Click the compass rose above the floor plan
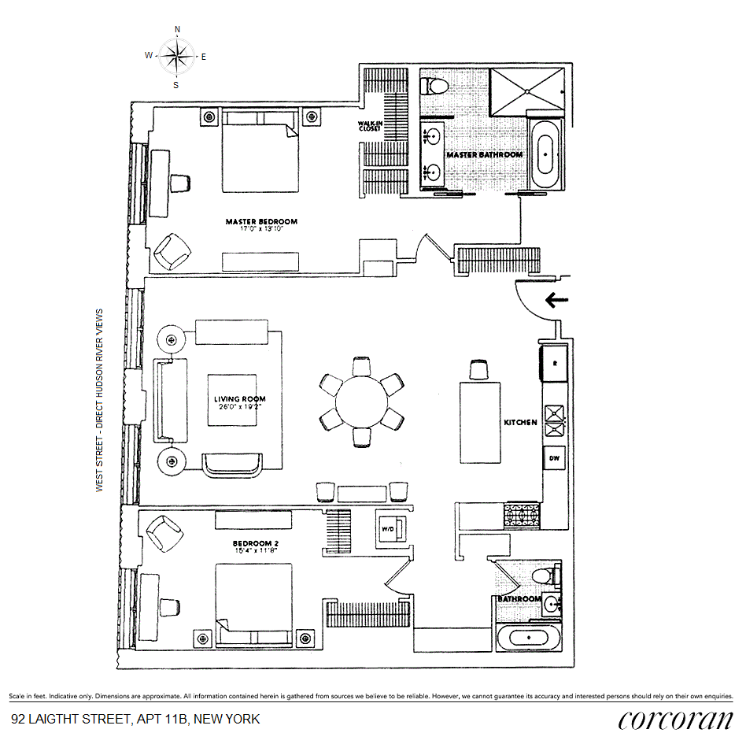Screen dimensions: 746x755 [176, 56]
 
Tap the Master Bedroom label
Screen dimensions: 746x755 [261, 221]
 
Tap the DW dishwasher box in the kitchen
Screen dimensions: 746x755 [553, 458]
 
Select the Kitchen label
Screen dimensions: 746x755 [520, 423]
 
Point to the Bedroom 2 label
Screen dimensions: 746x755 [255, 543]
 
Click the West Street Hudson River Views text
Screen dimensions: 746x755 [100, 400]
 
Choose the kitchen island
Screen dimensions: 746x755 [481, 424]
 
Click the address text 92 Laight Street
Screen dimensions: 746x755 [135, 719]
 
